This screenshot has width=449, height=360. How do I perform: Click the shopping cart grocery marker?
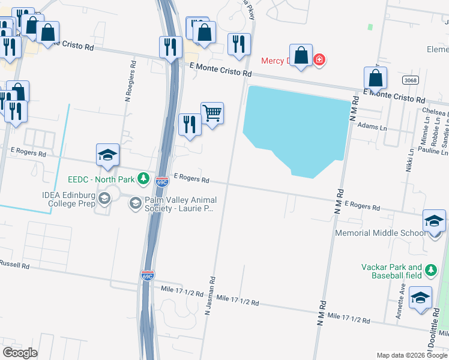click(x=212, y=113)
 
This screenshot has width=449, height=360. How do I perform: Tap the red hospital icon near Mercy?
click(x=319, y=59)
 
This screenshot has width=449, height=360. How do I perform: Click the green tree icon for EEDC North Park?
click(x=143, y=178)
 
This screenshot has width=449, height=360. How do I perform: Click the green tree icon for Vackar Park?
click(x=430, y=271)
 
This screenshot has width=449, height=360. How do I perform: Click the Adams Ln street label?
click(x=372, y=127)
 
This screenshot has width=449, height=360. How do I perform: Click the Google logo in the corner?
click(x=20, y=352)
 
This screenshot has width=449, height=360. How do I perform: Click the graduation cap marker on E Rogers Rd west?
click(x=108, y=155)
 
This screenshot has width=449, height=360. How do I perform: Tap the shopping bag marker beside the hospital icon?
click(x=301, y=55)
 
